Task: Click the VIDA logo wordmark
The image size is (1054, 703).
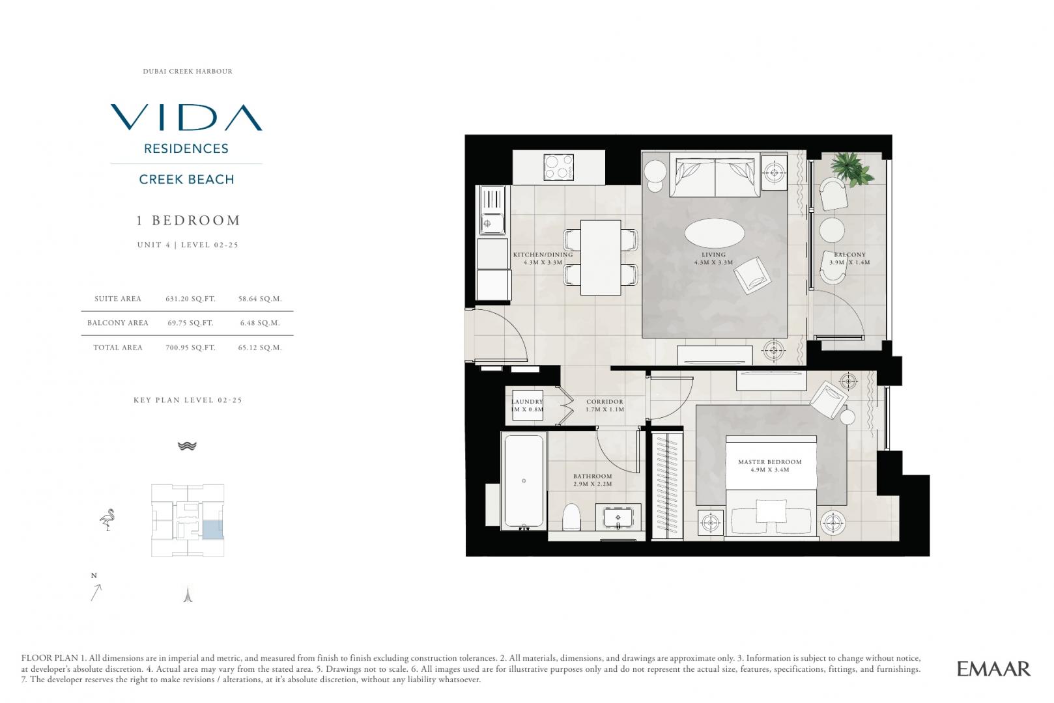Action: (x=186, y=117)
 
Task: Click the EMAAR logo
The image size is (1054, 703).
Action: (x=994, y=669)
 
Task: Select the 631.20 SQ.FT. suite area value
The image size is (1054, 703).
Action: (x=191, y=299)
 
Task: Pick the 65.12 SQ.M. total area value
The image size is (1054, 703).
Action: (x=260, y=348)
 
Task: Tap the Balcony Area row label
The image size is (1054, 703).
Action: (x=118, y=323)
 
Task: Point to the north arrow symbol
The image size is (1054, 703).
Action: (x=96, y=592)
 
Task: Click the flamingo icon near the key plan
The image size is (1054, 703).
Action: (x=107, y=519)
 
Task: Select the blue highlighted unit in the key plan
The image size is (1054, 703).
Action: (x=212, y=530)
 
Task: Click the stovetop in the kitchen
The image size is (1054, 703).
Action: (x=558, y=167)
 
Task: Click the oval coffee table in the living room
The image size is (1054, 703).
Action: (x=715, y=232)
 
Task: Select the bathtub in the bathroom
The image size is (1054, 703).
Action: (x=524, y=481)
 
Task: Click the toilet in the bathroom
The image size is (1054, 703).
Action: (x=572, y=517)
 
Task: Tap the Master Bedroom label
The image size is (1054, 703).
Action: (x=770, y=465)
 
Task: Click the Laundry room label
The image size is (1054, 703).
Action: (x=527, y=406)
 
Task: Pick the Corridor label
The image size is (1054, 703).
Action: (x=605, y=406)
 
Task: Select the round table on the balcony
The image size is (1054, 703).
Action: (x=832, y=230)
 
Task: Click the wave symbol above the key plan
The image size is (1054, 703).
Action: (x=187, y=446)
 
